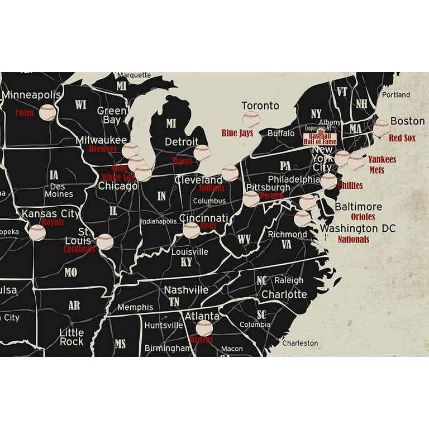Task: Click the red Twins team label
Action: pos(24,113)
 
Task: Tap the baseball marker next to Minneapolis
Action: pos(47,112)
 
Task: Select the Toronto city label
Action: pos(260,106)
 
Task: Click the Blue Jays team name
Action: pos(237,133)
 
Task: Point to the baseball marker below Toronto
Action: pos(251,120)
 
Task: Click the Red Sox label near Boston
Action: pos(402,138)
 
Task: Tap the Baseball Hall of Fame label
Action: pos(320,139)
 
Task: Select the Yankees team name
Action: pos(382,160)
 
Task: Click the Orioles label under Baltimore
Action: pos(363,217)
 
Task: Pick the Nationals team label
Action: pos(353,239)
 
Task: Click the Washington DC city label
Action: pos(357,228)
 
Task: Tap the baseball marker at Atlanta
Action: pos(204,328)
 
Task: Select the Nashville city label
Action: pos(186,290)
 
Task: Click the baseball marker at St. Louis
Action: pos(104,242)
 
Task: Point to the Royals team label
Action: pos(53,222)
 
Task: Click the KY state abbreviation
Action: pos(186,262)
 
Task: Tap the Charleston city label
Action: pos(300,343)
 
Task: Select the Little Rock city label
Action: pos(71,337)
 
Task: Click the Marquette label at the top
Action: pos(134,75)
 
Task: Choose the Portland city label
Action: pos(396,95)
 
